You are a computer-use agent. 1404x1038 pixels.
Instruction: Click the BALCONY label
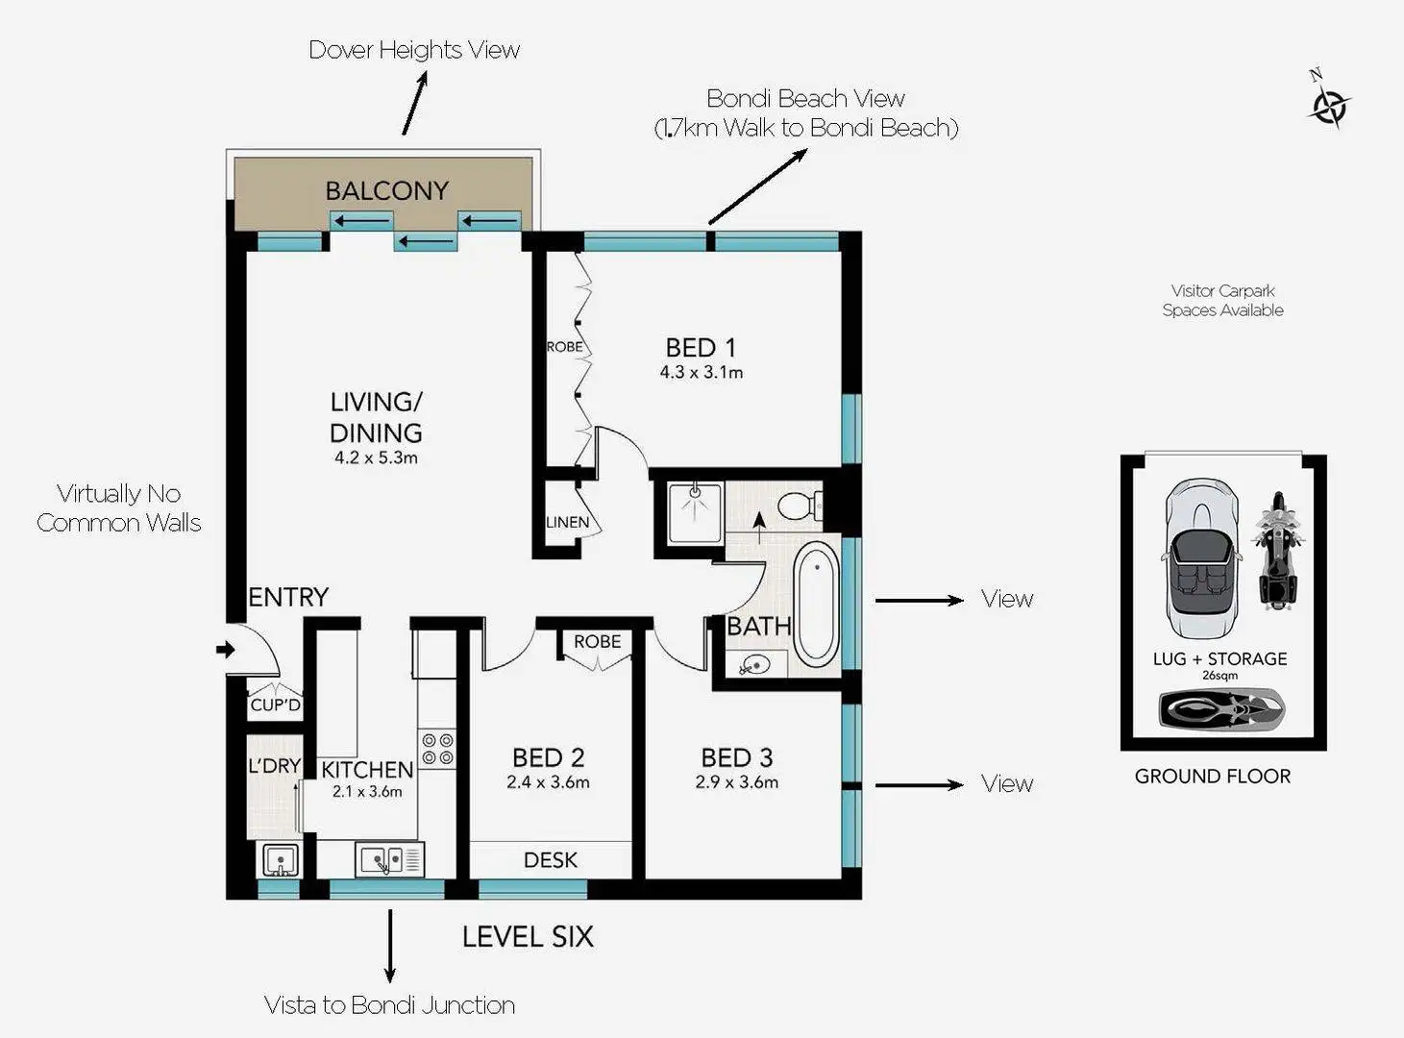(386, 190)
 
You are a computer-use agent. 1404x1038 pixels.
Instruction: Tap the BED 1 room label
(701, 347)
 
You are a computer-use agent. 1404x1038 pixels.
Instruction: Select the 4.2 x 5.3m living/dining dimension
(376, 458)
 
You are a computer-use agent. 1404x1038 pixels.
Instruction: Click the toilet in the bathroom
(798, 505)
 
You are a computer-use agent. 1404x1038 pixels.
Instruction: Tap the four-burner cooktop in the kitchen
(437, 750)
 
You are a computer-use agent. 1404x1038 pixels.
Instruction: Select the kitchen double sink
(388, 858)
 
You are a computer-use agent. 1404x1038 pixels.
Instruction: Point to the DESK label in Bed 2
(551, 860)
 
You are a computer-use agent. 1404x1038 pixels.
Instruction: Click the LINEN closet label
(567, 522)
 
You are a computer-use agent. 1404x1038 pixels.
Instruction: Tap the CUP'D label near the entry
(275, 704)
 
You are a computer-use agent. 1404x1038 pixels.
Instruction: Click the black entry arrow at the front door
(226, 650)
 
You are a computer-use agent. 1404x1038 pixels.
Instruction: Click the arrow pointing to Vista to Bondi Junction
(389, 947)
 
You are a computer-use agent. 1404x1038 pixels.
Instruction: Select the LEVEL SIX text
(528, 937)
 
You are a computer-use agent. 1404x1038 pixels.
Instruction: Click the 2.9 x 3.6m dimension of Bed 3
(736, 782)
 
